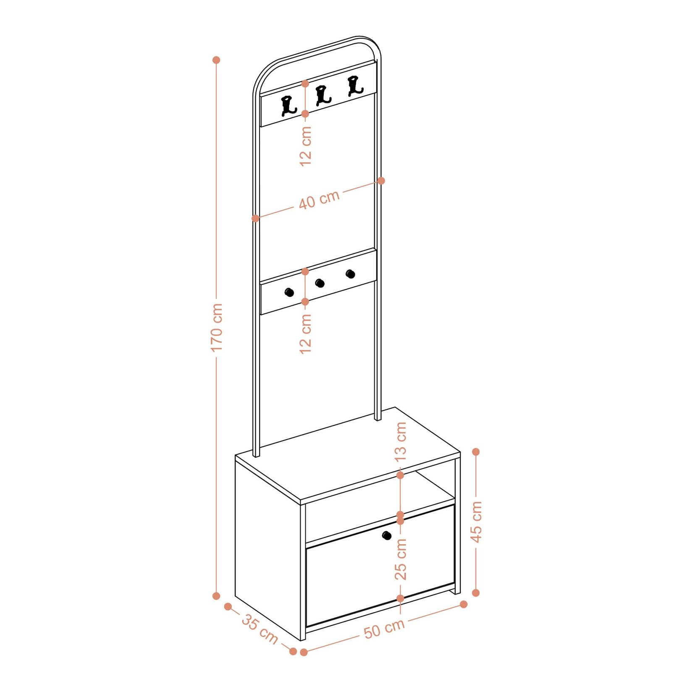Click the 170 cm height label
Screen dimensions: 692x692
217,328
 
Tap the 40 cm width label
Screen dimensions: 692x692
319,200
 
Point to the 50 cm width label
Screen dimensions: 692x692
384,628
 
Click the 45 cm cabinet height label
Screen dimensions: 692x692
477,522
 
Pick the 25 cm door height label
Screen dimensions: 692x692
401,559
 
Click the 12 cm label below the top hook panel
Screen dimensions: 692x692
306,146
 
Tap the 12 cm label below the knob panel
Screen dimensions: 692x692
306,333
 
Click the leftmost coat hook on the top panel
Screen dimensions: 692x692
288,105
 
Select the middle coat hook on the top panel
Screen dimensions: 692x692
322,95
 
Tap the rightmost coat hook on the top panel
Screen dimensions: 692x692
354,85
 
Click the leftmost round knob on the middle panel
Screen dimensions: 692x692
289,293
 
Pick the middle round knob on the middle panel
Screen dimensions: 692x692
320,283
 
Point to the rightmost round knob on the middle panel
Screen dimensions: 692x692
351,274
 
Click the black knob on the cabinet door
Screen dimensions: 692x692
387,535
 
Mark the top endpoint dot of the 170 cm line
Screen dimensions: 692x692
217,60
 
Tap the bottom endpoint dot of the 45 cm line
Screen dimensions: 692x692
476,592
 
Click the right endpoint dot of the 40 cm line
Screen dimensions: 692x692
381,181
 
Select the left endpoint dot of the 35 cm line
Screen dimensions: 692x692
228,606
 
